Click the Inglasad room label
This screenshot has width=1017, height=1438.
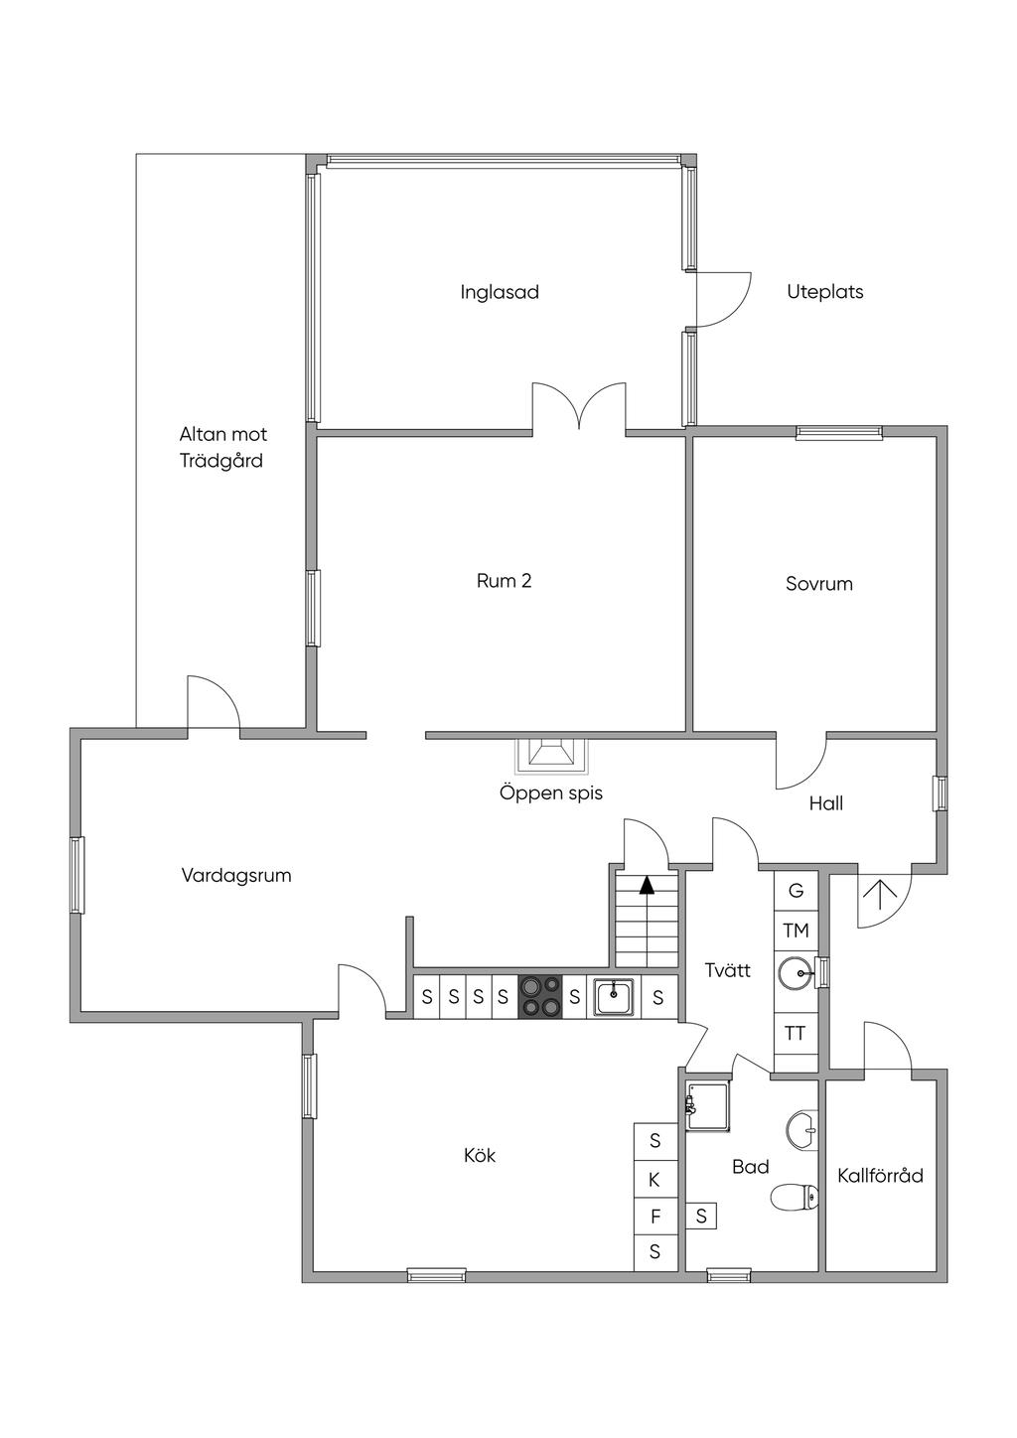500,292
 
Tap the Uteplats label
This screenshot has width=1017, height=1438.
824,292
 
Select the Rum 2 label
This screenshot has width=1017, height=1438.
504,581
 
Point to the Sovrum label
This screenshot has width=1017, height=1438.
819,584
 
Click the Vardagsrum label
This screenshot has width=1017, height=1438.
236,876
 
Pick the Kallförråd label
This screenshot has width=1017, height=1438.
880,1176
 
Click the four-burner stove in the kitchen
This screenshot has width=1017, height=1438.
539,996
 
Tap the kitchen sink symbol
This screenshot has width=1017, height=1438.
614,996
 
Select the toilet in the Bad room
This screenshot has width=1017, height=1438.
796,1197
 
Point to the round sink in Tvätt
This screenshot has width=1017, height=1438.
798,973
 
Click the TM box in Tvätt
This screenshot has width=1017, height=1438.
796,931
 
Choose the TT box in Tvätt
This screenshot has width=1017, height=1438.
796,1033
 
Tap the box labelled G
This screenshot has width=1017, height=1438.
796,890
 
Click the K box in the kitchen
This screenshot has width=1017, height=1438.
654,1180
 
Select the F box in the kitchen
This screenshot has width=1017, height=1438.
654,1216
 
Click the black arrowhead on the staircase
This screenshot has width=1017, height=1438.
647,885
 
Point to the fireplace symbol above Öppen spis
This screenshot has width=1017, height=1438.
551,756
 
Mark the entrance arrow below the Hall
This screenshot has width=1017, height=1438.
879,894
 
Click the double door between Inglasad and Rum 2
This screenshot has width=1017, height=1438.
579,409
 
